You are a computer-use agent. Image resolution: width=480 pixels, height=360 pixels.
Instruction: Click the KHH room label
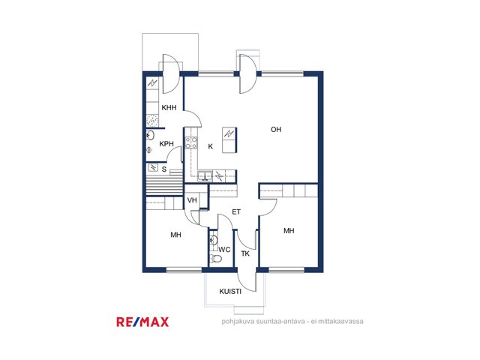169,107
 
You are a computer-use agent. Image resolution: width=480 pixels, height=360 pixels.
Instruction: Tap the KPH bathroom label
166,143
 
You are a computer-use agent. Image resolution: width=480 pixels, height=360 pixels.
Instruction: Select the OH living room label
276,130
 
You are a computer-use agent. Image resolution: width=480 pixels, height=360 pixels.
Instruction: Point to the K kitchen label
210,147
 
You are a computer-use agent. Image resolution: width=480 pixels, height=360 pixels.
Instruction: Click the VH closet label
192,200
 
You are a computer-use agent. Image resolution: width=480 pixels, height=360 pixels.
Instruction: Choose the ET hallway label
236,211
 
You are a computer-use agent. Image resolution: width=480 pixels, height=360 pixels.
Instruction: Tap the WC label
224,250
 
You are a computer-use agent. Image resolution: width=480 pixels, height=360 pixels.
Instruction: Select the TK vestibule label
245,253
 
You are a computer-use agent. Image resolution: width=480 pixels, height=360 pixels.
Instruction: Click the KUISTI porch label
230,292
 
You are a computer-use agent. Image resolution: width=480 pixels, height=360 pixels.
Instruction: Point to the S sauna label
164,169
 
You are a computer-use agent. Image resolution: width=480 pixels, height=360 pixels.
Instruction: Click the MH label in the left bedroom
175,235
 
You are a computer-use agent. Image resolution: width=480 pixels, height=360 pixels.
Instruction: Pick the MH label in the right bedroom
289,231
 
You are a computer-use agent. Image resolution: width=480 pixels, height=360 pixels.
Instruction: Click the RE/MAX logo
142,322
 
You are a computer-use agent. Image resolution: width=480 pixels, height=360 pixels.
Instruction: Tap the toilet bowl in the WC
216,259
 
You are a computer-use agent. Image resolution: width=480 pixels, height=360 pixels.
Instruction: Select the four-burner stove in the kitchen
191,142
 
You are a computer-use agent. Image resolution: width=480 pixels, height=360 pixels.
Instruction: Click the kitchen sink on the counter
205,175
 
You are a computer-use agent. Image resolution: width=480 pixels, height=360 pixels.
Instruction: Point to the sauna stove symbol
153,167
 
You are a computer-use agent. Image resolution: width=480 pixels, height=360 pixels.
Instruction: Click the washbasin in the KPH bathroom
150,135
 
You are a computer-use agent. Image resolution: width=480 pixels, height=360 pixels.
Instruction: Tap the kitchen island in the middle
229,139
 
